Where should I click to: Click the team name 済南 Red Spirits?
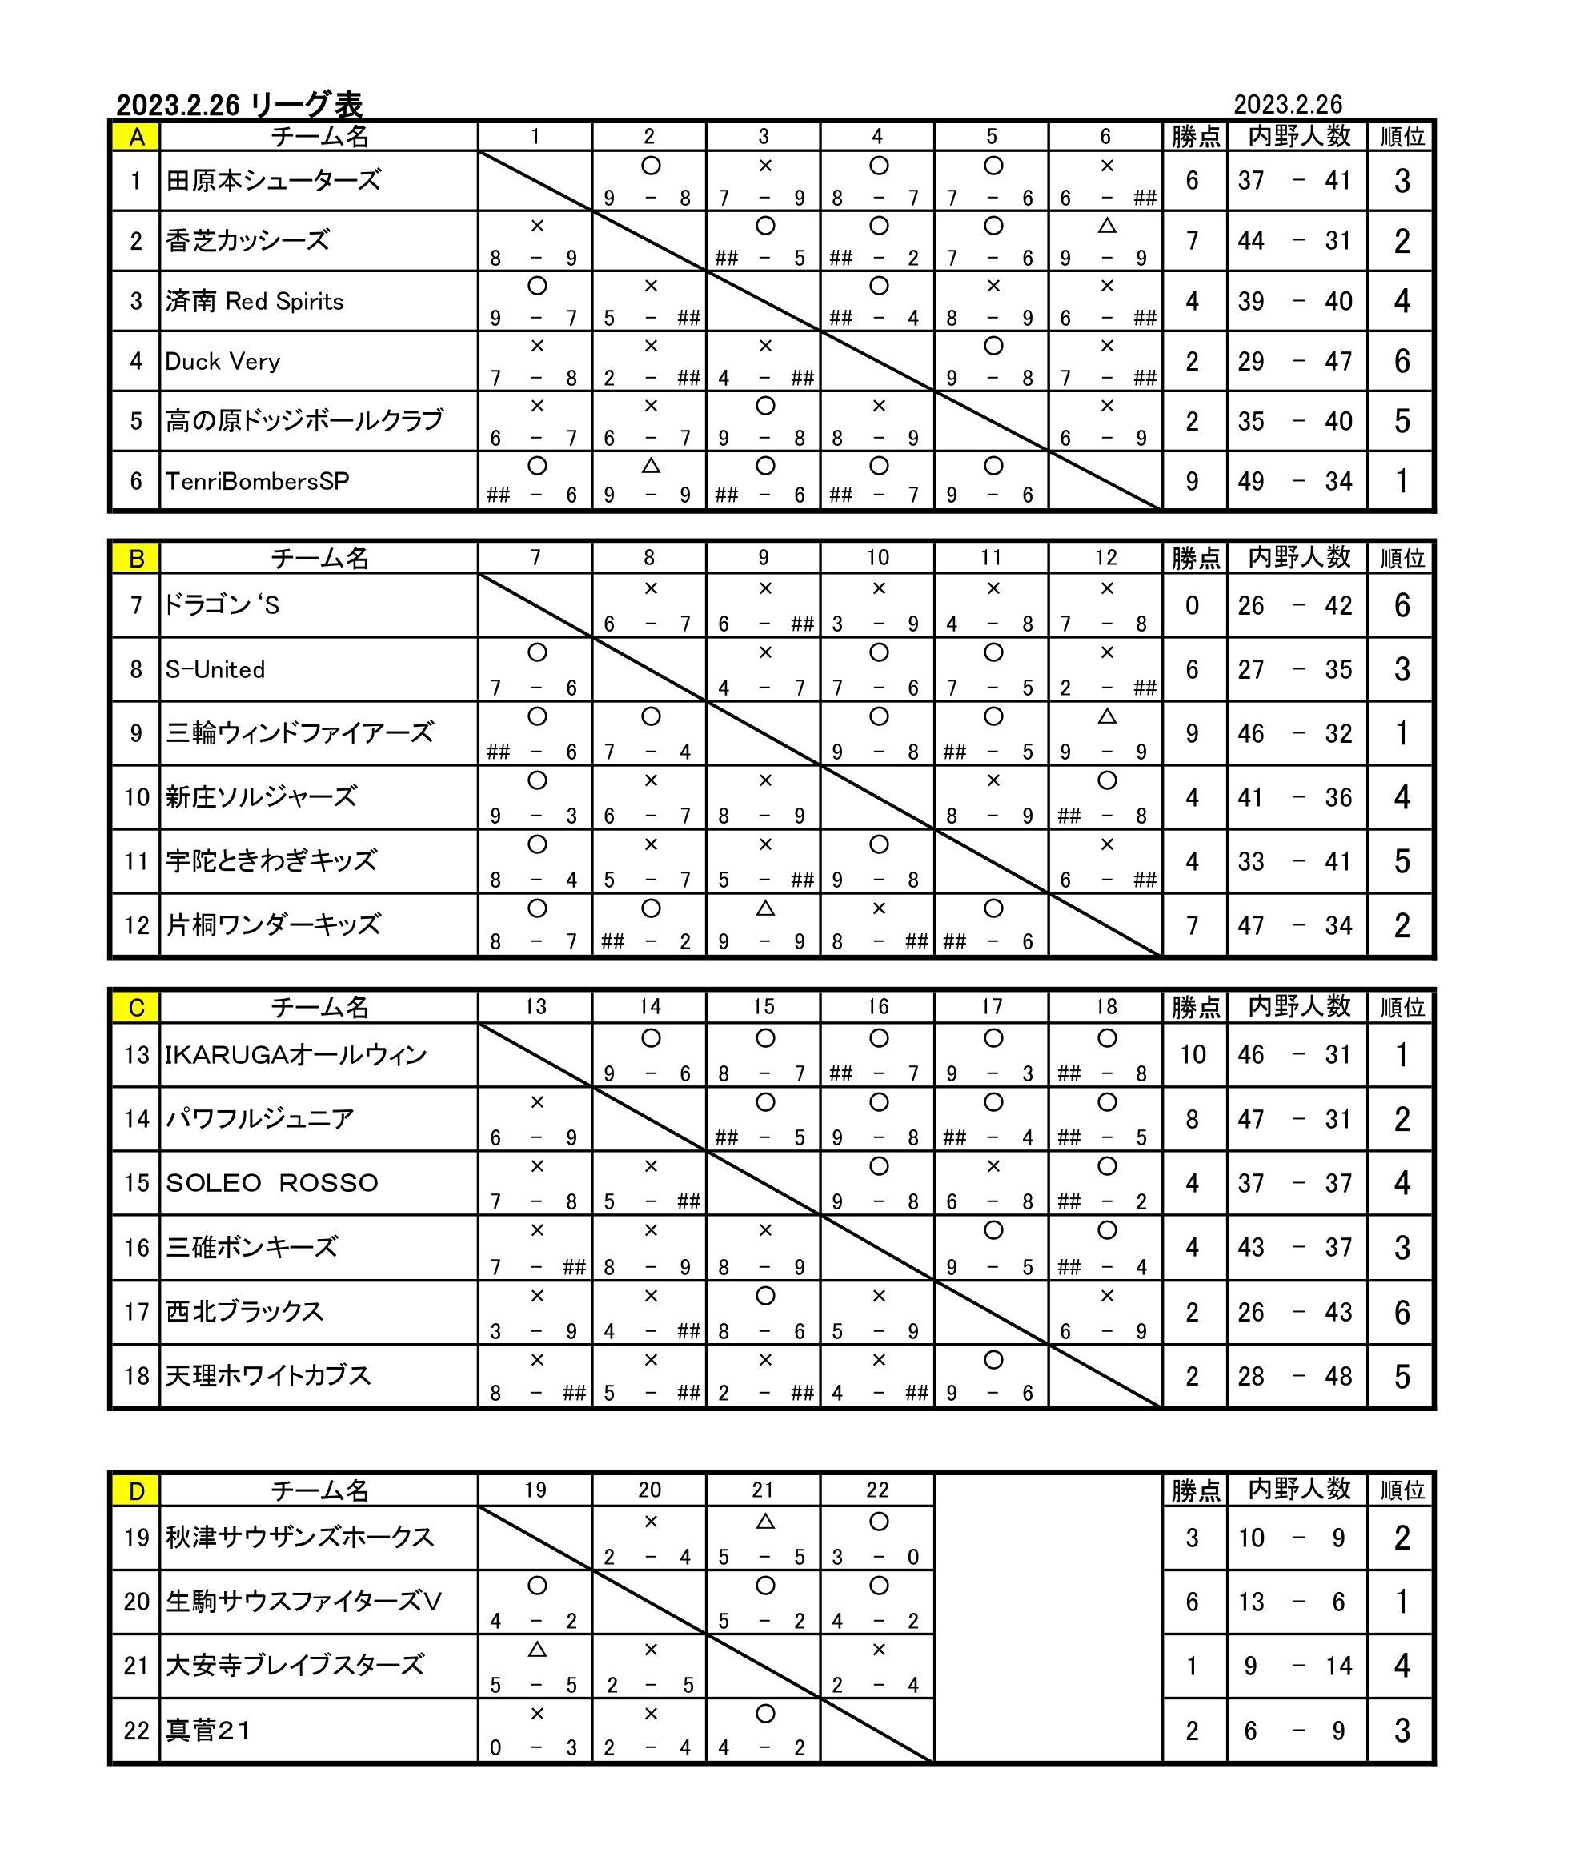pyautogui.click(x=254, y=301)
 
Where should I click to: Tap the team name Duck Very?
pyautogui.click(x=223, y=361)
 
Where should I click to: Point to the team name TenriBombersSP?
pyautogui.click(x=257, y=481)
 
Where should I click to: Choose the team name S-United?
pyautogui.click(x=215, y=669)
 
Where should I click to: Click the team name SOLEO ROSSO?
pyautogui.click(x=271, y=1182)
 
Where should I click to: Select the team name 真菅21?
pyautogui.click(x=207, y=1731)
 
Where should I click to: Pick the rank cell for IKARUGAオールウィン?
pyautogui.click(x=1401, y=1055)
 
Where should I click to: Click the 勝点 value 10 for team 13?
pyautogui.click(x=1193, y=1055)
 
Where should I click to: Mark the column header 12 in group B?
pyautogui.click(x=1105, y=558)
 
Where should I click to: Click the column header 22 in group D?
pyautogui.click(x=877, y=1490)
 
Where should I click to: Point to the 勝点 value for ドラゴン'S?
pyautogui.click(x=1193, y=605)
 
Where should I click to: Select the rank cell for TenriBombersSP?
pyautogui.click(x=1401, y=481)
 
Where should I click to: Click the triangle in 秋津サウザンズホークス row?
pyautogui.click(x=764, y=1522)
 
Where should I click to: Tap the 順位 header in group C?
pyautogui.click(x=1401, y=1008)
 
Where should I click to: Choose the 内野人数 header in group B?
pyautogui.click(x=1298, y=558)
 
